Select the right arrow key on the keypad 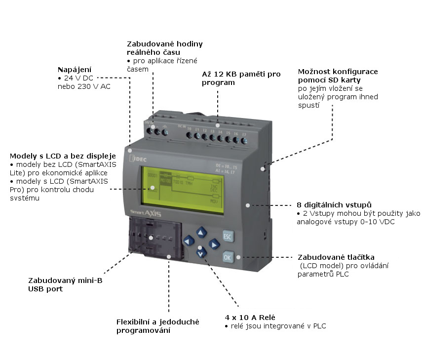(214, 243)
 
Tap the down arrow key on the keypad (200, 253)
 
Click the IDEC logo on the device (142, 158)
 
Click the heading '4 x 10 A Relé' (250, 317)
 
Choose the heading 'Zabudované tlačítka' (336, 257)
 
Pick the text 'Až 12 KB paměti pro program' (241, 78)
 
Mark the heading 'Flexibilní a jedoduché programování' (157, 326)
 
